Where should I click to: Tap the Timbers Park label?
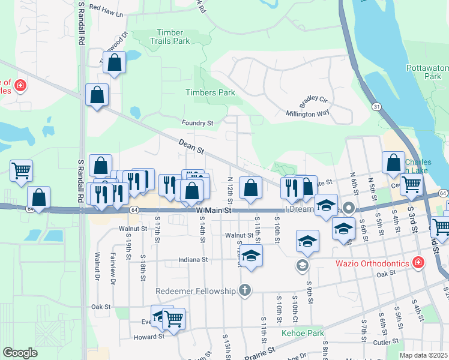pyautogui.click(x=210, y=92)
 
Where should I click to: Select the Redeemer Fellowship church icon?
pyautogui.click(x=244, y=291)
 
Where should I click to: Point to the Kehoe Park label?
pyautogui.click(x=303, y=333)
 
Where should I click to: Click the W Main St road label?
pyautogui.click(x=213, y=211)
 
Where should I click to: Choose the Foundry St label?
pyautogui.click(x=198, y=123)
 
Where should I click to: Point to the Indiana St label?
pyautogui.click(x=193, y=260)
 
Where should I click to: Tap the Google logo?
pyautogui.click(x=20, y=353)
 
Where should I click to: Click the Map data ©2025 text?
pyautogui.click(x=423, y=355)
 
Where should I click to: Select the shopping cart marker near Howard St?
pyautogui.click(x=173, y=319)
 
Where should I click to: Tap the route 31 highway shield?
pyautogui.click(x=376, y=106)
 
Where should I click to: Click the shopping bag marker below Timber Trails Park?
pyautogui.click(x=114, y=62)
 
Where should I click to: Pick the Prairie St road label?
pyautogui.click(x=259, y=352)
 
